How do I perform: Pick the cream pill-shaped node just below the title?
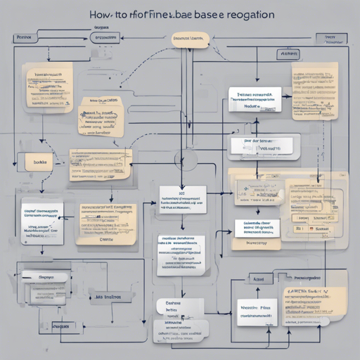pyautogui.click(x=188, y=40)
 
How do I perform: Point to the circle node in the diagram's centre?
pyautogui.click(x=188, y=161)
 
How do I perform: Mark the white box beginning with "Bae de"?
pyautogui.click(x=261, y=146)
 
